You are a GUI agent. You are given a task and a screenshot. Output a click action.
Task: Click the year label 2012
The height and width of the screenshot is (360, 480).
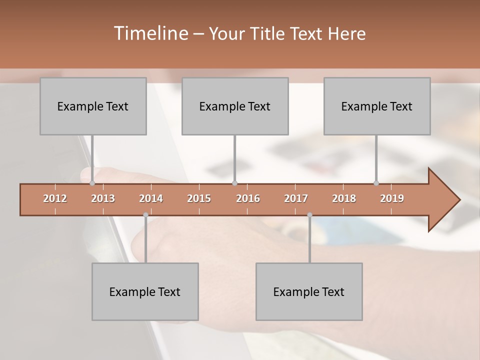point(55,198)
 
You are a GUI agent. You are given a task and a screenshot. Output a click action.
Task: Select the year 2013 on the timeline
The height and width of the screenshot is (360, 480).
point(103,198)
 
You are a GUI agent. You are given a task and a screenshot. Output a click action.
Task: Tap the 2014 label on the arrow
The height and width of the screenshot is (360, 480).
point(151,198)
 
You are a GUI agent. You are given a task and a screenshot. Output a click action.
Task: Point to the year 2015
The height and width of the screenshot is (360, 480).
point(199,198)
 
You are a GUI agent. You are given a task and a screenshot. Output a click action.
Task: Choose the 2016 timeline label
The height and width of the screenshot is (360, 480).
point(248,198)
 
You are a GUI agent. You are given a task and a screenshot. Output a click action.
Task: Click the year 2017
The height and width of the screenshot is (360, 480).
point(296,198)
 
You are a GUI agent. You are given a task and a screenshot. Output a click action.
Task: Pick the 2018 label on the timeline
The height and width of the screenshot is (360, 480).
point(344,198)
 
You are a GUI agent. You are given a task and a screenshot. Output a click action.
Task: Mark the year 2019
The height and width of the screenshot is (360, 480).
point(392,198)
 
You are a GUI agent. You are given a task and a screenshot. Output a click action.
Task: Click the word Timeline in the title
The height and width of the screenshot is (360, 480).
point(150,33)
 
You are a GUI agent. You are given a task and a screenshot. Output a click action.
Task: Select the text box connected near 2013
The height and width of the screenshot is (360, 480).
point(93,106)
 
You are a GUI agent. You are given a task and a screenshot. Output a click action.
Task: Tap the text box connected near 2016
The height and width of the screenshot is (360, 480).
point(235,106)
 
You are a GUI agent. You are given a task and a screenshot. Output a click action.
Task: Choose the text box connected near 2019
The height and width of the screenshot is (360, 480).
point(377,106)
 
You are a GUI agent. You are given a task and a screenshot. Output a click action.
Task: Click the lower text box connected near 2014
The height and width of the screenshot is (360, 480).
point(145,291)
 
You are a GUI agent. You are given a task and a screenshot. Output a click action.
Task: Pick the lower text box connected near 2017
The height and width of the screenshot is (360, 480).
point(309,291)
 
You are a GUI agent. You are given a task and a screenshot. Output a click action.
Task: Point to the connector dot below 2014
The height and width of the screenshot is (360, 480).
point(145,215)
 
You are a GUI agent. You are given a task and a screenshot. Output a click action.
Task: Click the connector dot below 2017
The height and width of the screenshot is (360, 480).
point(309,215)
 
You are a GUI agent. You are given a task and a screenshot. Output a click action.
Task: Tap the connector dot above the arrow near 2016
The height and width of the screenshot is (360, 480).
point(235,183)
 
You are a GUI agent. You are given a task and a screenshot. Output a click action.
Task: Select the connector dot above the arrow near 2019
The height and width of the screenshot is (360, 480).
point(376,183)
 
